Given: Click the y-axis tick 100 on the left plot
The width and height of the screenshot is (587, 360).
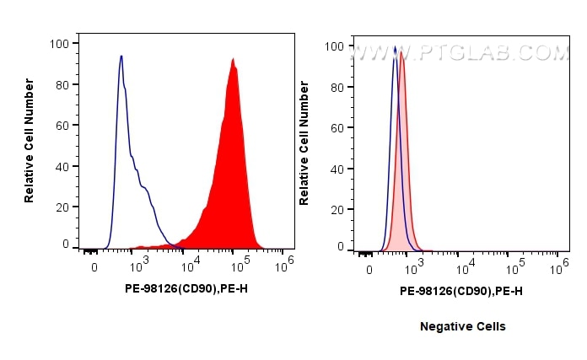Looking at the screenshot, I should tap(62, 42).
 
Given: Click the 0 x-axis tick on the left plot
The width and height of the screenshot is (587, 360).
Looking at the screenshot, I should tap(94, 268).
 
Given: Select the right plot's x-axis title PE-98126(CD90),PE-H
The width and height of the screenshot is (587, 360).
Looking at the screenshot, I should tap(460, 291).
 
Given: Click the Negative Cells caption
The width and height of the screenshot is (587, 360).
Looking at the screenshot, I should tap(462, 326).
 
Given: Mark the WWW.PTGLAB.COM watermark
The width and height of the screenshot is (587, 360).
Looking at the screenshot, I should tap(460, 52).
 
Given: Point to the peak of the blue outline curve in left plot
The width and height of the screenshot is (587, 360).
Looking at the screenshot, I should tap(121, 56).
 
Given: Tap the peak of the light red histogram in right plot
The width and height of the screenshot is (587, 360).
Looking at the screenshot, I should tap(402, 53).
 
